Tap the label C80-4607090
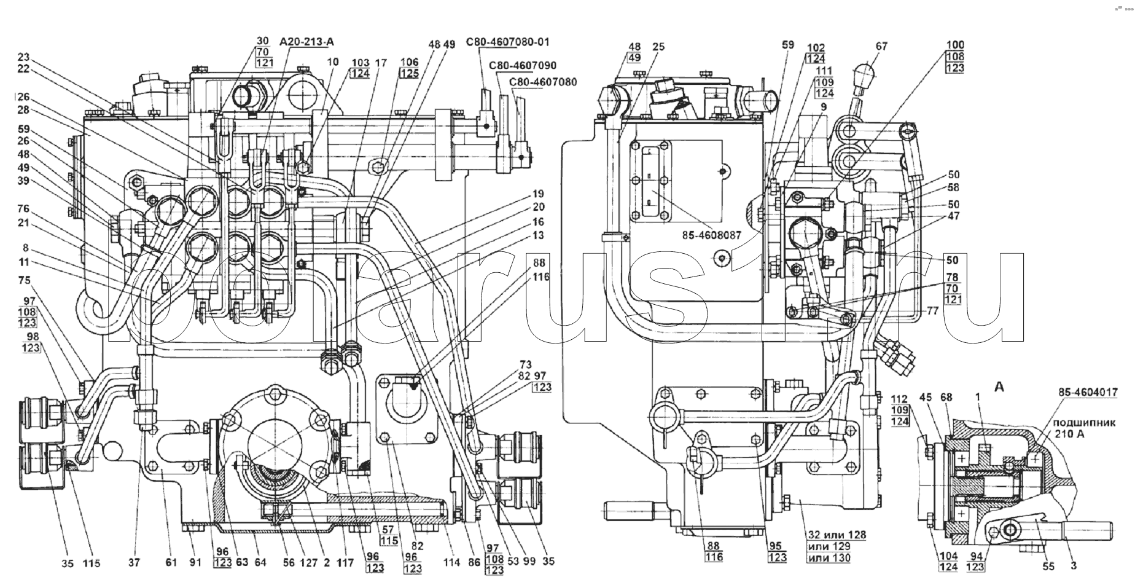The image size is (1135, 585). click(523, 66)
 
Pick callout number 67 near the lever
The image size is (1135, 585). click(882, 46)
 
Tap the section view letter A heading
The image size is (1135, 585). click(999, 387)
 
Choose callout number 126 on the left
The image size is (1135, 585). click(22, 97)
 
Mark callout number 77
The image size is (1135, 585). click(933, 312)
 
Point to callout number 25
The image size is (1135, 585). click(659, 47)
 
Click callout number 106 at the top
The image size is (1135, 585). click(409, 62)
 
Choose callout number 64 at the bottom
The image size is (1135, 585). click(260, 562)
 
